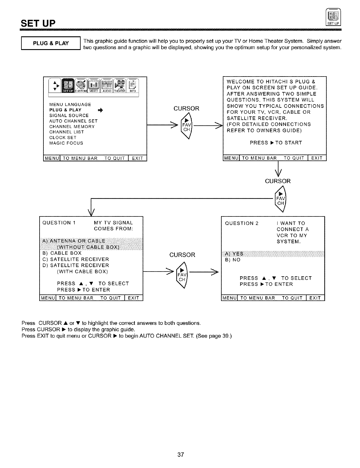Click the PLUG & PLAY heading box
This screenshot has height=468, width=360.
coord(51,43)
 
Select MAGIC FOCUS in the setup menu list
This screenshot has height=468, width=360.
coord(66,143)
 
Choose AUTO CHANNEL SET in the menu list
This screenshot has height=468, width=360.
coord(73,121)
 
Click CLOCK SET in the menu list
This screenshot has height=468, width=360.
coord(63,138)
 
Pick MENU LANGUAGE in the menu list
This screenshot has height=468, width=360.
coord(70,104)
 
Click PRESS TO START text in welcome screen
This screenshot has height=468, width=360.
coord(276,143)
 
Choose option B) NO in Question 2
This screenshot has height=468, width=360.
coord(233,260)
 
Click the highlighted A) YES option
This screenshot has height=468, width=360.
coord(234,254)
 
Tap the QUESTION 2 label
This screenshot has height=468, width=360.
coord(242,223)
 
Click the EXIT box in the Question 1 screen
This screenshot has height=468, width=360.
coord(134,298)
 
